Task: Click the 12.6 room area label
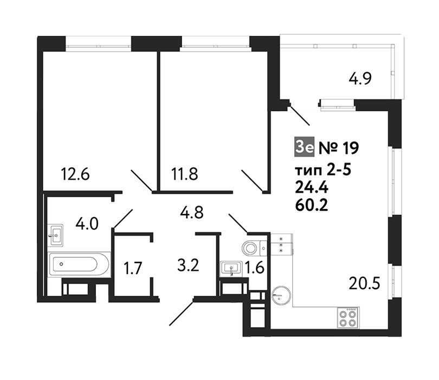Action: coord(75,174)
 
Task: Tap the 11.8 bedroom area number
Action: coord(184,174)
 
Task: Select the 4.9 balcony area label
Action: coord(360,78)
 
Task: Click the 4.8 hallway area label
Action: coord(192,212)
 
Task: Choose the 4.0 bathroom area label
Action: coord(87,224)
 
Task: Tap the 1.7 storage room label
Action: coord(133,268)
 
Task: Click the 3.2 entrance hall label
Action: coord(188,265)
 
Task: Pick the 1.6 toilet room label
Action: coord(255,267)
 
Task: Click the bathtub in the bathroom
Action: coord(79,264)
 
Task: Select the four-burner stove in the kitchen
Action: coord(348,318)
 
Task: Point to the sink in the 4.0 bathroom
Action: coord(55,235)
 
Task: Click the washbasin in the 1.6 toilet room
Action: coord(231,269)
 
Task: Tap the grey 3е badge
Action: coord(305,147)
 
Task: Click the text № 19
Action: coord(339,148)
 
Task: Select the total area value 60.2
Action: coord(312,206)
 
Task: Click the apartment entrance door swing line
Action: coord(181,314)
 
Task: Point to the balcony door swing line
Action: coord(300,115)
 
